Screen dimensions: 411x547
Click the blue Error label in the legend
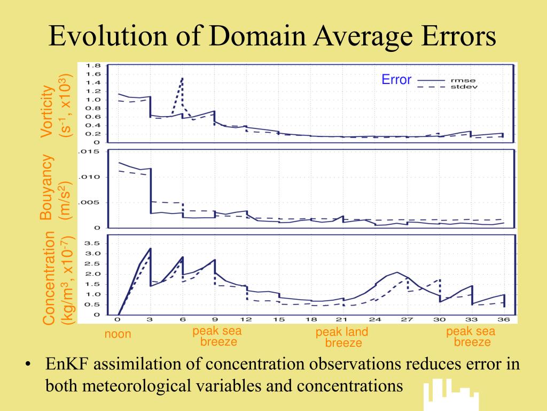pos(396,80)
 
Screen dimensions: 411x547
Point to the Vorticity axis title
pos(48,111)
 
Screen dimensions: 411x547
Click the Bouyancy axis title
pos(48,187)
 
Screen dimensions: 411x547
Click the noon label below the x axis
pos(118,334)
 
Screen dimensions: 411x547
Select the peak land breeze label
pos(342,338)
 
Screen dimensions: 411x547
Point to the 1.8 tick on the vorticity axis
pos(94,65)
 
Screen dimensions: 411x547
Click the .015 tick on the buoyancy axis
pos(89,152)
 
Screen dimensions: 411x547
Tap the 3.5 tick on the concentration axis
pos(94,243)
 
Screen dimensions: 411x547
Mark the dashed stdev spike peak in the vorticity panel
pos(183,78)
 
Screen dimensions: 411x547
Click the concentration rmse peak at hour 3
pos(151,248)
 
